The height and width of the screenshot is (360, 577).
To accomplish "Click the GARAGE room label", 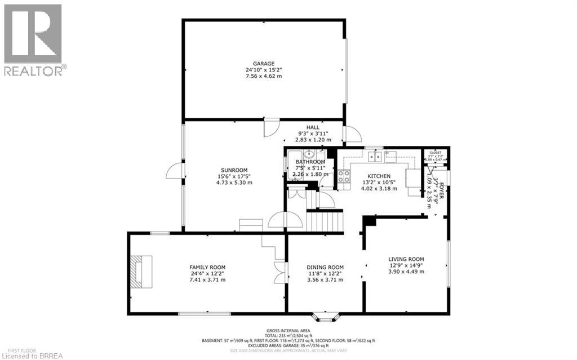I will tap(263, 64).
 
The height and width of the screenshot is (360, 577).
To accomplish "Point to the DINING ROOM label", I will tap(325, 267).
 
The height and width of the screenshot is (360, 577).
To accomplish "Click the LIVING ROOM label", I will tap(406, 259).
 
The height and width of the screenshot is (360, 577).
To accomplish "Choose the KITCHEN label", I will tap(379, 176).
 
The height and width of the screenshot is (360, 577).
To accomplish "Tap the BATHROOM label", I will tap(310, 162).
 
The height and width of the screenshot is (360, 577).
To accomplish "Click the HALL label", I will tap(313, 127).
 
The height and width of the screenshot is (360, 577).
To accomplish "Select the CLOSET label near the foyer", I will tap(436, 153).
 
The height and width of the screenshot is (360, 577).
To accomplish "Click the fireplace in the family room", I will tap(140, 273).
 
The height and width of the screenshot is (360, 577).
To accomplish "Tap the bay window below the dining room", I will tap(325, 317).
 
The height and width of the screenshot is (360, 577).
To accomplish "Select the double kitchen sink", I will tap(374, 157).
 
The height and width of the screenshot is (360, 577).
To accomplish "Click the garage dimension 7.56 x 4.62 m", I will tap(263, 76).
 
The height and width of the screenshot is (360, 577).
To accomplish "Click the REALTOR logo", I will tap(33, 39).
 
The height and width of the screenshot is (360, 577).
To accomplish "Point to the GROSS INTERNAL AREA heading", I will tap(288, 331).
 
